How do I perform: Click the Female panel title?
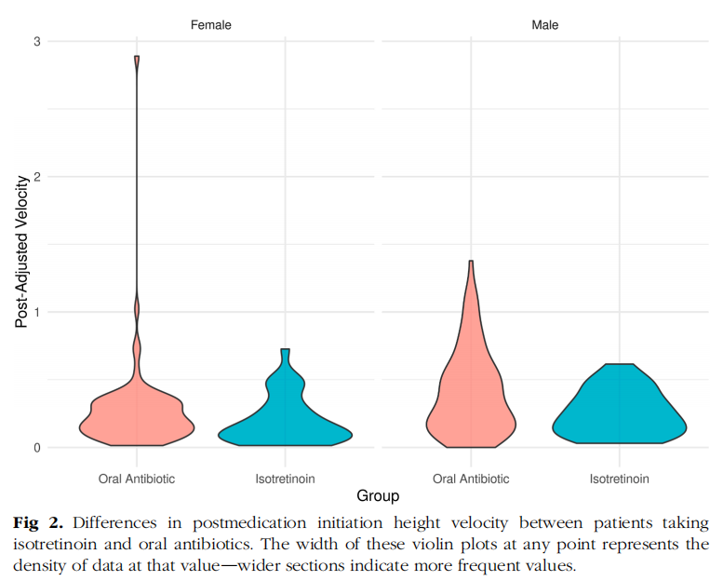(x=211, y=25)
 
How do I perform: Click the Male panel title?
(x=545, y=25)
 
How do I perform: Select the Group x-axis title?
(x=378, y=496)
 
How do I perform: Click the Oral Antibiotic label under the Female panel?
(x=137, y=479)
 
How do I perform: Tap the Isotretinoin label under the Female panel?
(x=285, y=479)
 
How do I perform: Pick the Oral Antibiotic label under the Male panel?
(x=471, y=479)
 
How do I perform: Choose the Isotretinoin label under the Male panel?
(x=619, y=479)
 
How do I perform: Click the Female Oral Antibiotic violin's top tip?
(x=137, y=58)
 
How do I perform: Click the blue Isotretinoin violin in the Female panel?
(x=285, y=419)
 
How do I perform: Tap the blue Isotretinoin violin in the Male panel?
(x=619, y=410)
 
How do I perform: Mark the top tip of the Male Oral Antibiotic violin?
(x=471, y=263)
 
